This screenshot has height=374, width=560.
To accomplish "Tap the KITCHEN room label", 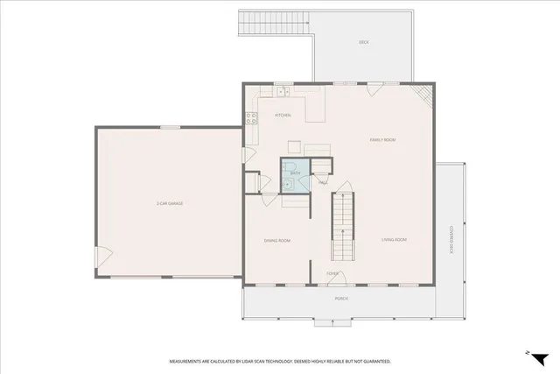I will (x=283, y=116).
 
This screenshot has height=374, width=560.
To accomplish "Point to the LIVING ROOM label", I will (x=394, y=239).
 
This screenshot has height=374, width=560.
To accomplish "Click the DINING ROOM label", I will (x=277, y=240).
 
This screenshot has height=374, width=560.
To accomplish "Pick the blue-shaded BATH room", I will (x=294, y=170).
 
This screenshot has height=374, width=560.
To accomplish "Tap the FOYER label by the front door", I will (x=332, y=273).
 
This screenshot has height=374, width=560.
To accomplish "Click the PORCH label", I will (x=341, y=299).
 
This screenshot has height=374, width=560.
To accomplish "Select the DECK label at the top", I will (x=364, y=42).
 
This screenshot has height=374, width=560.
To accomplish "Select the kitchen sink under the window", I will (x=283, y=92).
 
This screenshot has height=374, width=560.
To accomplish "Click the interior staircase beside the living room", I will (x=343, y=225).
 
